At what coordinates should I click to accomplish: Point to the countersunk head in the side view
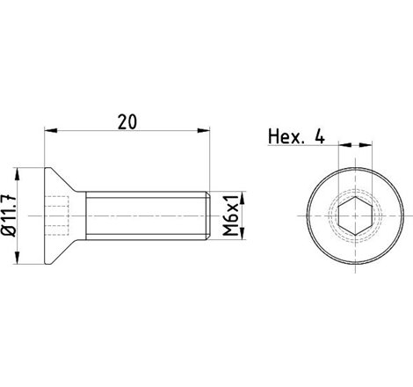62,214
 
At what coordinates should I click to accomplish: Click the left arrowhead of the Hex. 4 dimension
344,147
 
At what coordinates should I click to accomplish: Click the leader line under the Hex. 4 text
299,147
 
